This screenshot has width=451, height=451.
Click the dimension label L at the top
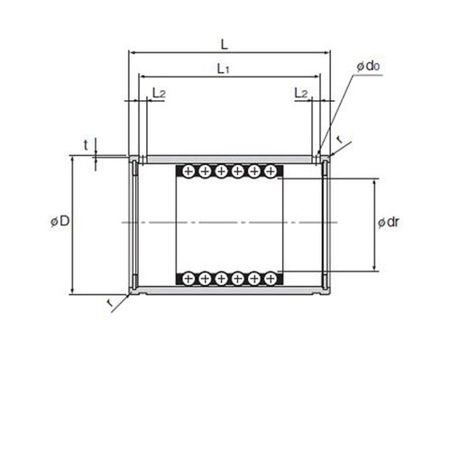pos(225,45)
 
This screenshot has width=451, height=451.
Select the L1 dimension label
pos(224,69)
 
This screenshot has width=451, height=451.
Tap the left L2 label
pos(159,93)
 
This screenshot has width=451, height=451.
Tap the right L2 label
pos(301,93)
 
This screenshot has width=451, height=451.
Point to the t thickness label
pos(86,145)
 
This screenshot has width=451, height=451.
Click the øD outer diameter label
pos(60,221)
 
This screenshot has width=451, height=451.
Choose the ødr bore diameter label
pos(389,222)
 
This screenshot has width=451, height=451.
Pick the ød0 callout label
pos(368,66)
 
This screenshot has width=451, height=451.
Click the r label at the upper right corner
pos(339,139)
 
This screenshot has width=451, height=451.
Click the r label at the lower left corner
pos(110,302)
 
